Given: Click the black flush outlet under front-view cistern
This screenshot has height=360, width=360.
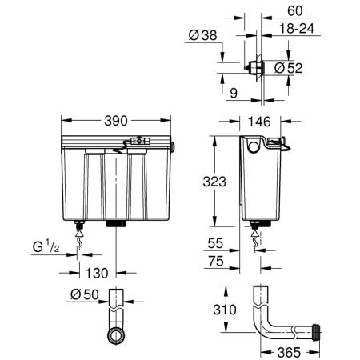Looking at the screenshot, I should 117,223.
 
